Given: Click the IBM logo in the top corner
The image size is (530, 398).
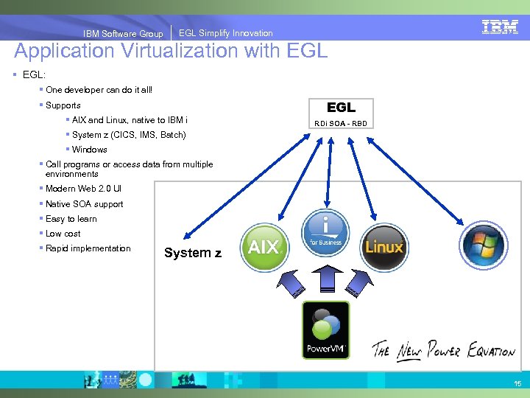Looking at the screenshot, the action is [x=500, y=27].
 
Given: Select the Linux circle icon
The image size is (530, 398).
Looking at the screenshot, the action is [x=384, y=245].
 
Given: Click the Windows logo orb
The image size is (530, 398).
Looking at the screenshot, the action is [x=483, y=245].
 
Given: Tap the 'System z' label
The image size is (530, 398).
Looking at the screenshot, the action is [x=193, y=253].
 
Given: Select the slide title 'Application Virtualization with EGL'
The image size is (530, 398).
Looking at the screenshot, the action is [x=171, y=52].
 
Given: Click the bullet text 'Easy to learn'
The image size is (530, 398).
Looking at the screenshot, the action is [x=71, y=219].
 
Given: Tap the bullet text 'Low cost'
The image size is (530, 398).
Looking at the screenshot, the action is [x=63, y=234].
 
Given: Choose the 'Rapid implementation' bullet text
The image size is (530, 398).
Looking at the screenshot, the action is [x=88, y=248].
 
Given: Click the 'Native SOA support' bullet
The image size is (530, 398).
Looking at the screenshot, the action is [x=84, y=204].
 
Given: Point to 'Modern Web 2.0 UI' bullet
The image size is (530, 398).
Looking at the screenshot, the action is [x=83, y=189].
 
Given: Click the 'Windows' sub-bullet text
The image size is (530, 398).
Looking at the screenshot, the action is [x=89, y=150].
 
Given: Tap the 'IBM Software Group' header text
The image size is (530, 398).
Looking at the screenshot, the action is [x=123, y=33].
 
